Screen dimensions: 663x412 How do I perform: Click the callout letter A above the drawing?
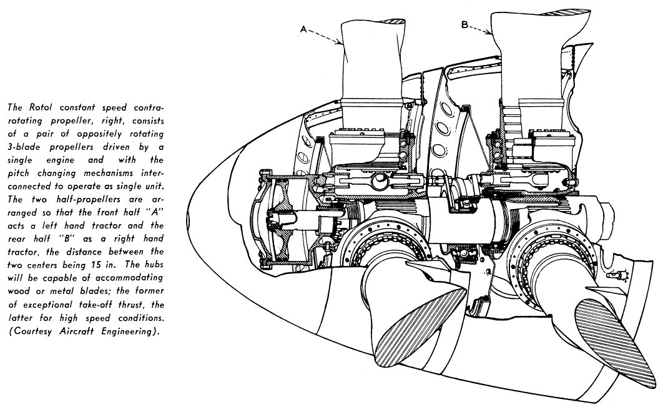pos(303,29)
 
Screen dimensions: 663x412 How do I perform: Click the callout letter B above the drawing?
pos(464,25)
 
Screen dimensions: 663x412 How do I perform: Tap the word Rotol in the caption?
pos(41,107)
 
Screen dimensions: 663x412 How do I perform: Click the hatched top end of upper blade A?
pos(391,19)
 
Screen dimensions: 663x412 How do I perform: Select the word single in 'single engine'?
pos(21,160)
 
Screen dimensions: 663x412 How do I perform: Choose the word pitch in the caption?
pos(20,173)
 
